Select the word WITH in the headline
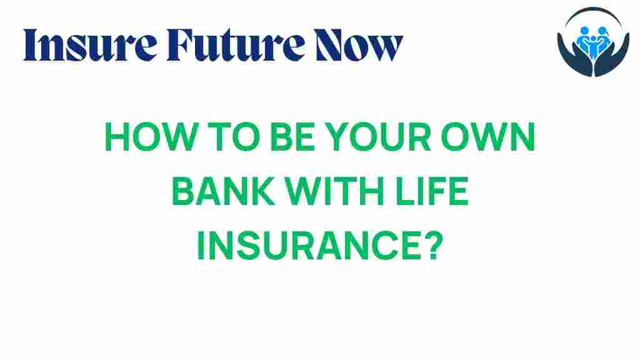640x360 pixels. pos(335,194)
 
